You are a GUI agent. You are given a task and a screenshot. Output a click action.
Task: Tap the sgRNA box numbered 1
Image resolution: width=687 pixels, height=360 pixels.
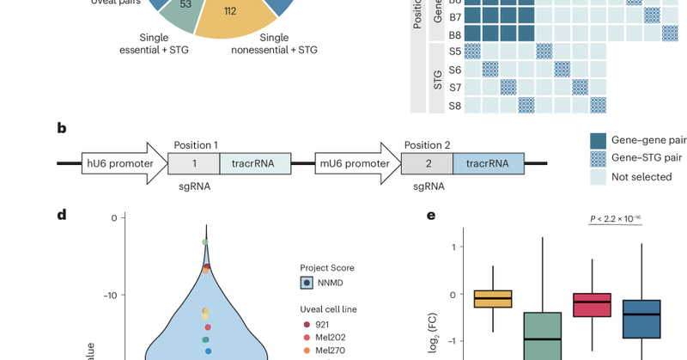[194, 164]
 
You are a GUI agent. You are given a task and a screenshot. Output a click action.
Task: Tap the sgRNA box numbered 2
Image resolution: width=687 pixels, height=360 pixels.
[427, 164]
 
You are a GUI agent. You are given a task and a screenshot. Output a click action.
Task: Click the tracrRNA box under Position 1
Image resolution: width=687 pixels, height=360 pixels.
[255, 164]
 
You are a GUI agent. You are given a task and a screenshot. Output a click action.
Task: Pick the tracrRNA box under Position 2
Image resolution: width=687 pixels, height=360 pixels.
[487, 164]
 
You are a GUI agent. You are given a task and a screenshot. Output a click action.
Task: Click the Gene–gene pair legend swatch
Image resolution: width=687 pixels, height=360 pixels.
[599, 140]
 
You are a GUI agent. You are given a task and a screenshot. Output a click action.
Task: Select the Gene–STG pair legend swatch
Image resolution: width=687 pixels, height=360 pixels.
[599, 158]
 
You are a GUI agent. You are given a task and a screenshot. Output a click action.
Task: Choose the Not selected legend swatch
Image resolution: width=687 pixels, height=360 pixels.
[599, 176]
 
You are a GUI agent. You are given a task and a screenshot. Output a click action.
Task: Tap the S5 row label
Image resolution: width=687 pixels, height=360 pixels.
[455, 51]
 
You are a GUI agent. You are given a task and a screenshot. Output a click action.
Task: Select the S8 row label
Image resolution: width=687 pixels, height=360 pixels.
[455, 106]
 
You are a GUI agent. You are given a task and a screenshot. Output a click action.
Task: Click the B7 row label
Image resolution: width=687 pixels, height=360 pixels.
[455, 16]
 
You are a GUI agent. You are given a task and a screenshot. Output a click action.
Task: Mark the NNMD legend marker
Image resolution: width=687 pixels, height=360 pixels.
[307, 283]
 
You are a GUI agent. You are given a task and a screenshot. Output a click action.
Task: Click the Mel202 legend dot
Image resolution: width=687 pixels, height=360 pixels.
[307, 337]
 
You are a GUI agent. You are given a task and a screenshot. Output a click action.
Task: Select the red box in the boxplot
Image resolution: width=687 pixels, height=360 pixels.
[592, 305]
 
